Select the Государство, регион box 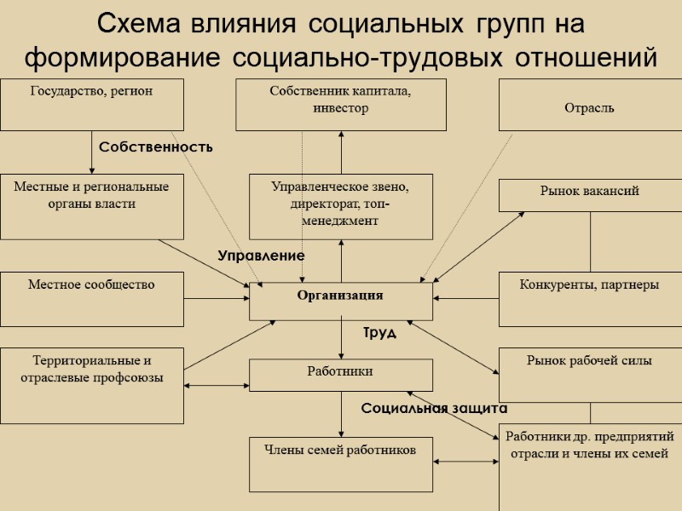(92, 104)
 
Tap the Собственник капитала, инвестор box (341, 104)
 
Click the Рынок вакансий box (590, 194)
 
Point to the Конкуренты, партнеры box (590, 299)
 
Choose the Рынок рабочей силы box (590, 374)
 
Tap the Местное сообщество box (92, 299)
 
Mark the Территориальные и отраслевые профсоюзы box (92, 385)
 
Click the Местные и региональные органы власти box (92, 206)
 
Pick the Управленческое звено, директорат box (341, 206)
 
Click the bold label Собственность (156, 147)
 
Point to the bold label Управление (261, 255)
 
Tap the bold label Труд (379, 333)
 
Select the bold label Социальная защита (434, 409)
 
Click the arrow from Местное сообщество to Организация (217, 298)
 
